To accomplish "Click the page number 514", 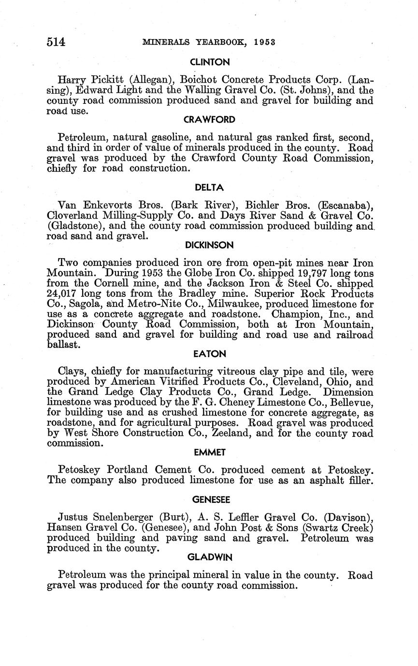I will (56, 42).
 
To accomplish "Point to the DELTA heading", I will (209, 187).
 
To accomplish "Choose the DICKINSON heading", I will (209, 245).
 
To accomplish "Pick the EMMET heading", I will (209, 452).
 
